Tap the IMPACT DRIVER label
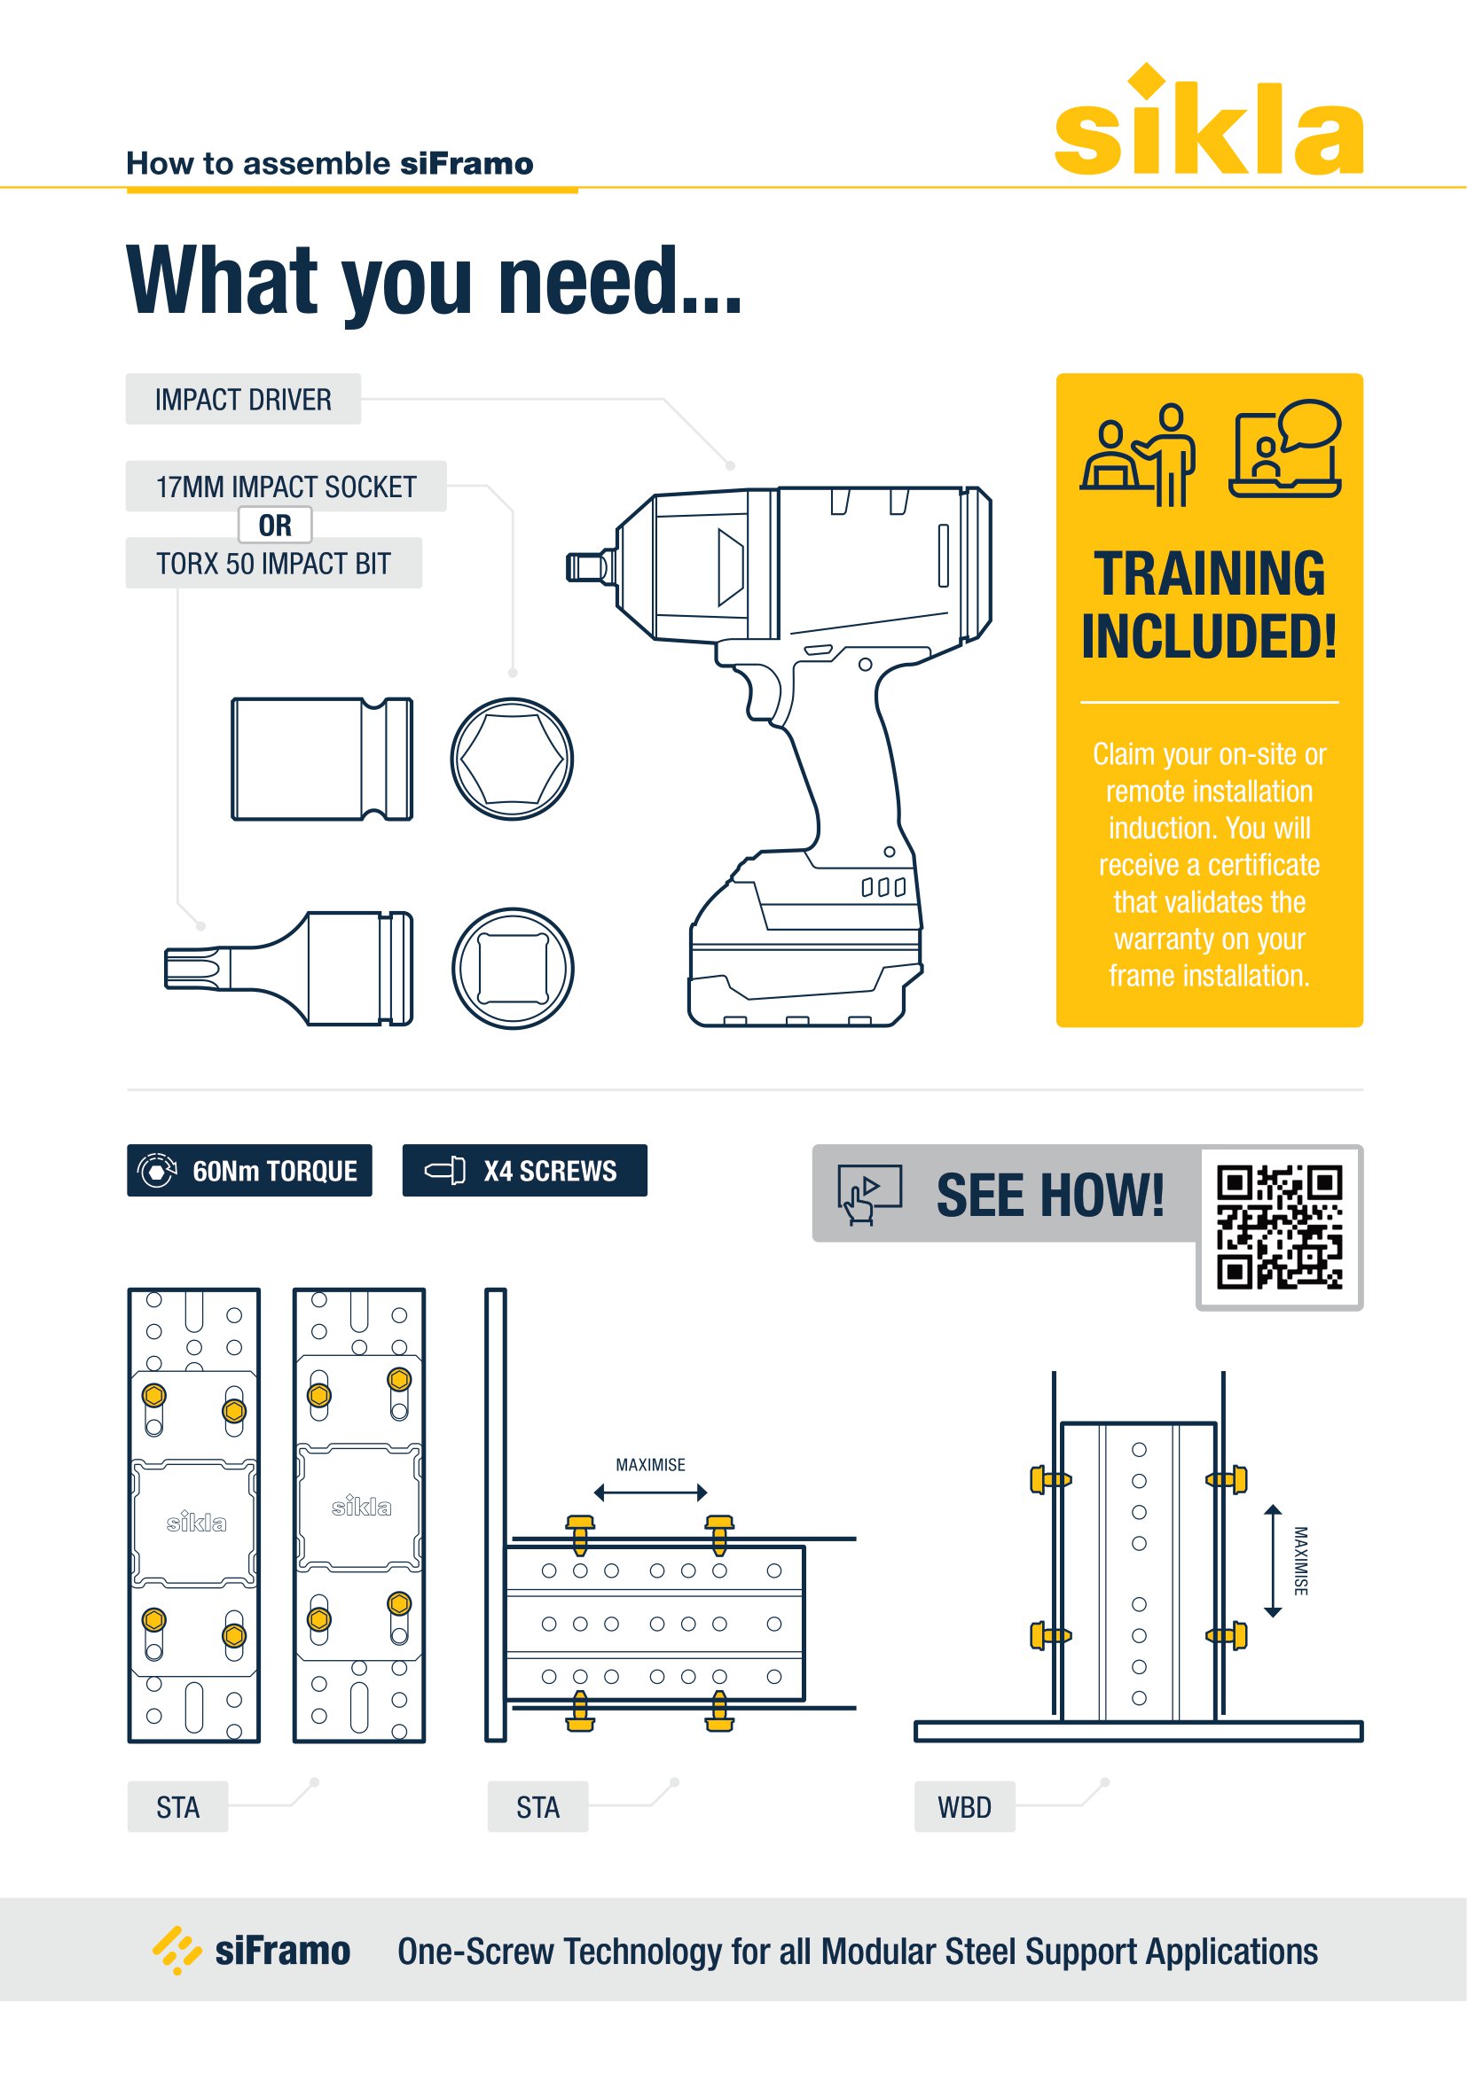243,399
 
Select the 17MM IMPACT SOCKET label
286,487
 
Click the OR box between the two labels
276,525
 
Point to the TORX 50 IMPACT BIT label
274,564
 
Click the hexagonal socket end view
512,760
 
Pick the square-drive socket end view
512,969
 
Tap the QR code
1279,1227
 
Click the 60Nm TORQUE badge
249,1170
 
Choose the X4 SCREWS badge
525,1170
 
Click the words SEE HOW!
1049,1196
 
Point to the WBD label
965,1806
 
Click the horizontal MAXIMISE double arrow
650,1493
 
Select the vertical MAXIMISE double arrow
1273,1561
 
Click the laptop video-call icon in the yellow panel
1285,448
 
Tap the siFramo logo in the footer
252,1950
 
